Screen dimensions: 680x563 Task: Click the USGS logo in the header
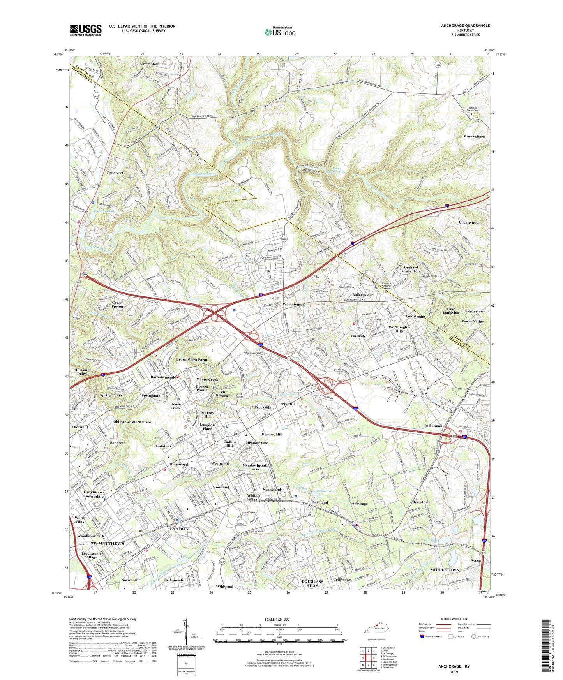(86, 30)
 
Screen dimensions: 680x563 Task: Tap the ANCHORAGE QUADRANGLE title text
(465, 26)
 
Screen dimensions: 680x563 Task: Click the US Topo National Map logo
(279, 32)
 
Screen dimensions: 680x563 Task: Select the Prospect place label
(115, 173)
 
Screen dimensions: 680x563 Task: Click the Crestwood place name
(468, 222)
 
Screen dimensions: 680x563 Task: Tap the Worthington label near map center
(294, 304)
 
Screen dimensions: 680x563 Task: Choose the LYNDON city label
(179, 529)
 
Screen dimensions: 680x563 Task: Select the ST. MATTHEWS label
(107, 543)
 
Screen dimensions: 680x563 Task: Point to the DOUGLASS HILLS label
(312, 583)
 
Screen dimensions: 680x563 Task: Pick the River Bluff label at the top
(150, 64)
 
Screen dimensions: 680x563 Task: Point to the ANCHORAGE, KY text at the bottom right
(454, 666)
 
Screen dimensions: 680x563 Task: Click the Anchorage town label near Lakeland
(358, 504)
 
